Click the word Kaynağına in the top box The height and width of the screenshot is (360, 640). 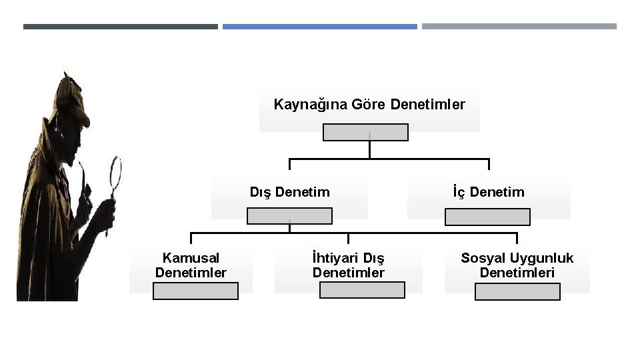[303, 105]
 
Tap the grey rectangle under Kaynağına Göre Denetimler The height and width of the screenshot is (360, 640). [365, 133]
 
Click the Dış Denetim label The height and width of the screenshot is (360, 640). [289, 192]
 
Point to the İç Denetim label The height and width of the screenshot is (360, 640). [489, 192]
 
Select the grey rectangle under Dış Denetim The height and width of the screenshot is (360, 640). [289, 216]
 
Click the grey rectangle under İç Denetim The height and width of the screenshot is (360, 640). [487, 217]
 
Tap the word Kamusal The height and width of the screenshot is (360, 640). [191, 258]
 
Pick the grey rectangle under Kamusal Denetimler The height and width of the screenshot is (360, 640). [195, 291]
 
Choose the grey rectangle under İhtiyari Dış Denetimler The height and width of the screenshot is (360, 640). [362, 290]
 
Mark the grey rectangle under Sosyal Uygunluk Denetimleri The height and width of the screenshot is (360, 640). [517, 291]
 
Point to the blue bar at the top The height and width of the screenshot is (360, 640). [319, 27]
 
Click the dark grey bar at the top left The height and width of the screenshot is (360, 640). [120, 27]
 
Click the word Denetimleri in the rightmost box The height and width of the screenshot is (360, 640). [517, 273]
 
